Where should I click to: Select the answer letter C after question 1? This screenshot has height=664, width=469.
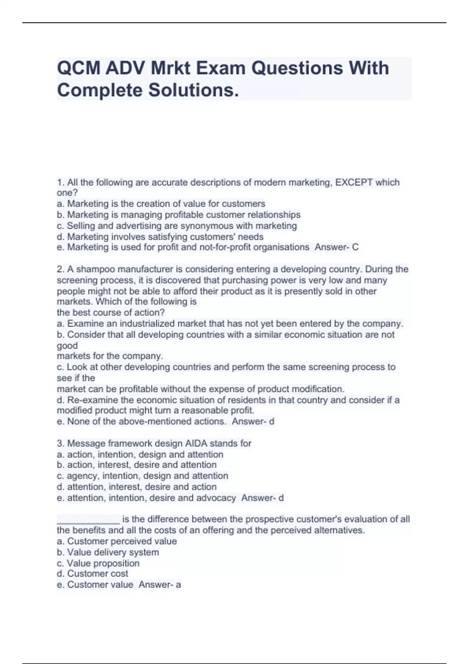[x=355, y=247]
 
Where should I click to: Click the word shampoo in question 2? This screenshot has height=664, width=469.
[x=95, y=270]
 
